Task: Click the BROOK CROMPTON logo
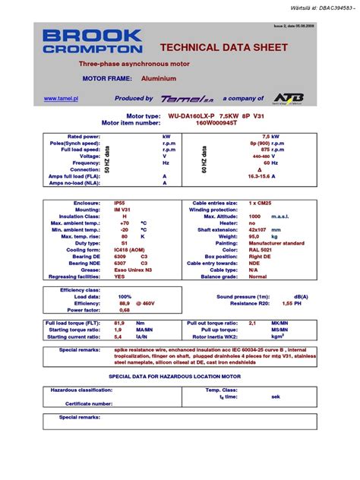tap(92, 42)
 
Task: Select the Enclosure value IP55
tap(119, 204)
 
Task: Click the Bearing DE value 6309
tap(119, 255)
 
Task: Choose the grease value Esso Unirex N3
tap(134, 269)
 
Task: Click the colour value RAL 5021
tap(261, 249)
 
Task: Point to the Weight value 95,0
tap(256, 236)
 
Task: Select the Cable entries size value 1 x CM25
tap(262, 204)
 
